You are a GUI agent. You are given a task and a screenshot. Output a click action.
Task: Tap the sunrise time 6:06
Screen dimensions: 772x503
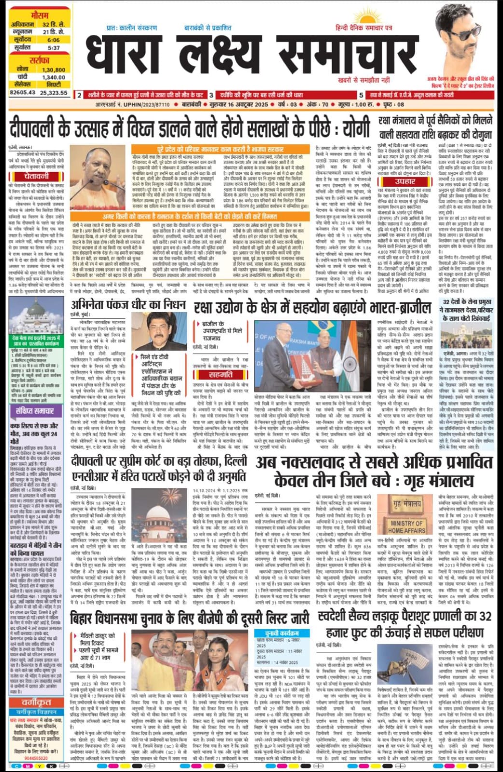(54, 40)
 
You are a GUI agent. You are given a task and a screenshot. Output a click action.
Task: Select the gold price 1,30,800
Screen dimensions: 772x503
(54, 69)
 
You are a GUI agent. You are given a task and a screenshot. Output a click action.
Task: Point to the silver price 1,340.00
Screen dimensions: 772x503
(54, 77)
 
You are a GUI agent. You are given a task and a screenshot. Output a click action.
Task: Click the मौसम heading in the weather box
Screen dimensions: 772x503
(39, 16)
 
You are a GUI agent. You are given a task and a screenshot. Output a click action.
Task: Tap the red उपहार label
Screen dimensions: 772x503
(405, 181)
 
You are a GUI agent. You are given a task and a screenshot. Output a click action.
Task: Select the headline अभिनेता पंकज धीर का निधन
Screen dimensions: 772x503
(128, 304)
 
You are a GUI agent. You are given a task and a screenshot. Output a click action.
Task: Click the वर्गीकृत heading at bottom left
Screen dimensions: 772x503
(36, 702)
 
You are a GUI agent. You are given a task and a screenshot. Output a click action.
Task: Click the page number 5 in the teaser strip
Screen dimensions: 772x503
(361, 95)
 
